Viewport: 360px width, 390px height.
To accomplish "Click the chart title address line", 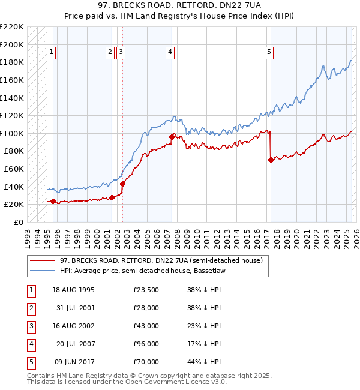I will (179, 5).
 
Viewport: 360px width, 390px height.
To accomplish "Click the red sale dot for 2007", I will (172, 137).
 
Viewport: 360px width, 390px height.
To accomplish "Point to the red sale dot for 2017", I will (271, 160).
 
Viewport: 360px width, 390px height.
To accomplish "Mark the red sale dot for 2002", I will (122, 184).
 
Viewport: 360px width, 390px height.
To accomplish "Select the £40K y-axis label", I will (14, 187).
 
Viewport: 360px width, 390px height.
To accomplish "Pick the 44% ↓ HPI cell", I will (205, 362).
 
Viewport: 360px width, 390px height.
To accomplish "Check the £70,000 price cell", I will (146, 362).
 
